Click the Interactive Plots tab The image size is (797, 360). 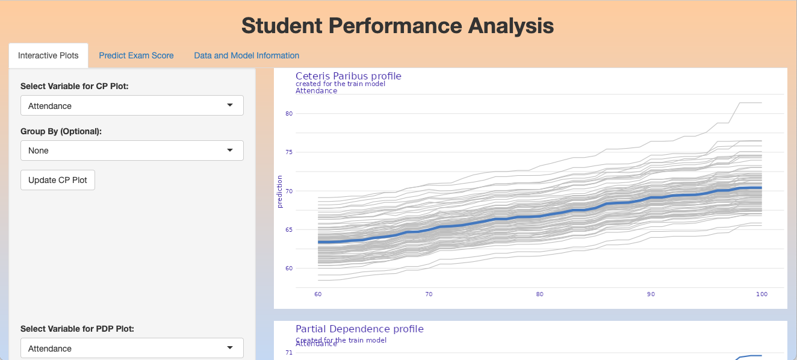[48, 55]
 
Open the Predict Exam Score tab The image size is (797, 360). [136, 55]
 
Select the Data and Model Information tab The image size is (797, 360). [246, 55]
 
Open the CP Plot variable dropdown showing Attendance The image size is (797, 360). [132, 106]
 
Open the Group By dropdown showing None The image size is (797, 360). [132, 151]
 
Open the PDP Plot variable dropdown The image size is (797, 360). [132, 349]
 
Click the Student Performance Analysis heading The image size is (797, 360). [398, 26]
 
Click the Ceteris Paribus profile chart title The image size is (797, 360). [348, 76]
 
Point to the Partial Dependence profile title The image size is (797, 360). [359, 329]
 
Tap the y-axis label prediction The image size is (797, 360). [280, 191]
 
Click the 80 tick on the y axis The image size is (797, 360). [288, 113]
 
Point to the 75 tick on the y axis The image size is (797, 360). [288, 152]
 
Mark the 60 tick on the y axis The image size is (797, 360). [288, 268]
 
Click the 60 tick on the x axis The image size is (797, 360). [318, 294]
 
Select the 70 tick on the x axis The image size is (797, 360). [429, 294]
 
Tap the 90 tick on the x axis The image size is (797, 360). [651, 294]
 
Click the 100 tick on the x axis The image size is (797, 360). [761, 294]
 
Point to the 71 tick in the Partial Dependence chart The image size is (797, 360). [288, 353]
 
